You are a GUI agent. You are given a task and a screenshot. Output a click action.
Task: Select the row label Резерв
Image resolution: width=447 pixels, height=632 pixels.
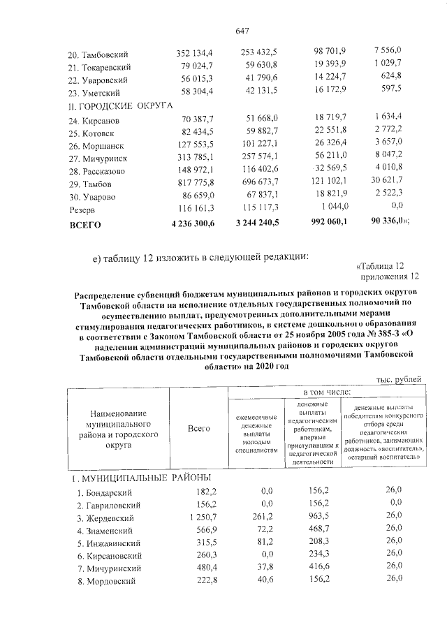click(x=82, y=210)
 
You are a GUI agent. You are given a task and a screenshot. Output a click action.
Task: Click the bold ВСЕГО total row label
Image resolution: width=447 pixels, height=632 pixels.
click(x=85, y=225)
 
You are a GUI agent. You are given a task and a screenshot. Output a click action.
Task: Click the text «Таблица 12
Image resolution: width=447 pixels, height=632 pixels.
click(x=380, y=265)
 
